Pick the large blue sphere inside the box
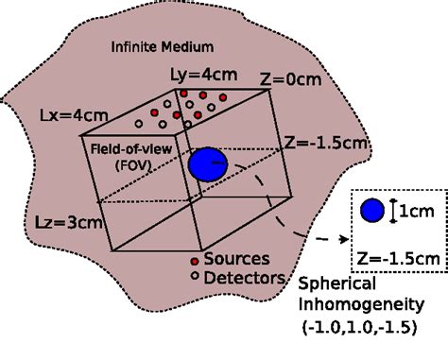pos(207,164)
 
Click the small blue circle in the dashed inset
pos(372,211)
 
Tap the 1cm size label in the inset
pos(415,212)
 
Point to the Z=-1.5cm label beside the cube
pos(321,145)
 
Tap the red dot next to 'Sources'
pos(195,260)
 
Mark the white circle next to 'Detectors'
pos(195,277)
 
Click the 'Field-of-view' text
pos(131,147)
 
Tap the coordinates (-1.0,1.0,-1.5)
pos(359,328)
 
